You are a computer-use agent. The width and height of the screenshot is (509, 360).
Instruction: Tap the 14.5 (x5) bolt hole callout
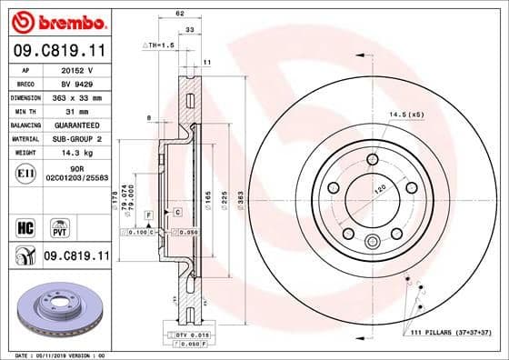pos(406,115)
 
